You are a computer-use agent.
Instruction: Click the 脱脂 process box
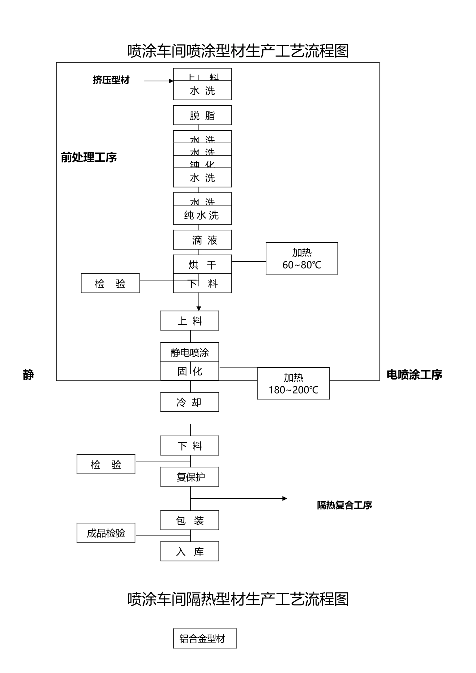[202, 115]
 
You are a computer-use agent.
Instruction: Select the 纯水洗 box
[202, 215]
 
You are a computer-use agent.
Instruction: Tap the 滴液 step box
[202, 240]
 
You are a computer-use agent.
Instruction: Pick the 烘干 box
[202, 265]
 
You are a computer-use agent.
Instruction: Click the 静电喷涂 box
[190, 352]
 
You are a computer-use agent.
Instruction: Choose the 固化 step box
[190, 371]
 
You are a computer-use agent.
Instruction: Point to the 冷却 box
[190, 402]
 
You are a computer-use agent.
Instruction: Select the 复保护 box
[190, 477]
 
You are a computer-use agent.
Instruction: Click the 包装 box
[190, 521]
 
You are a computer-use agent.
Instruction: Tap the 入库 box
[190, 552]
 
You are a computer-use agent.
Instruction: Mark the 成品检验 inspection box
[106, 533]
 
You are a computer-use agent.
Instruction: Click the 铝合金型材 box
[205, 639]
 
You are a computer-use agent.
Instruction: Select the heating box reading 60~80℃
[302, 259]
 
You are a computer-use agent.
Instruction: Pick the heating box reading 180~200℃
[293, 384]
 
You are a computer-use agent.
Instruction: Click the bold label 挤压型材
[111, 80]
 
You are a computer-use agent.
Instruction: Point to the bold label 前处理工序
[89, 157]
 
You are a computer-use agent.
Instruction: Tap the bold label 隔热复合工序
[344, 505]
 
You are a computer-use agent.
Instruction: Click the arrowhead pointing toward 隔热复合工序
[285, 498]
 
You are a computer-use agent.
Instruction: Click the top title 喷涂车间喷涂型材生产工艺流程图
[238, 51]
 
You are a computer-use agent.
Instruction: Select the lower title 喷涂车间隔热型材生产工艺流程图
[238, 599]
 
